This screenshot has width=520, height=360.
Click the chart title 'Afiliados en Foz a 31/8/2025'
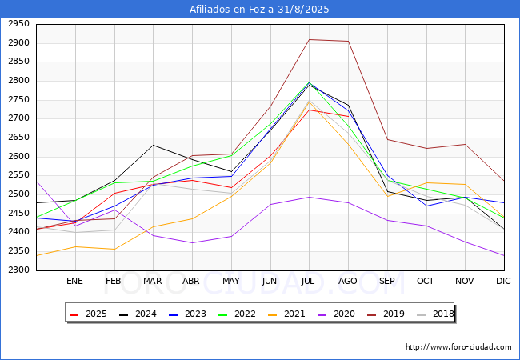pos(259,10)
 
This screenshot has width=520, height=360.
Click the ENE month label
pos(74,282)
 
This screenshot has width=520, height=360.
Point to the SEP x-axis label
pos(387,282)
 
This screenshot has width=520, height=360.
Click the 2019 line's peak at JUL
pos(309,39)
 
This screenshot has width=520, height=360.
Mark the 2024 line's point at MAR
pos(153,145)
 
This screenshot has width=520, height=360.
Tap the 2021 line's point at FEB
pos(114,249)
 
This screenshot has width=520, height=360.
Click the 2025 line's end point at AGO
pos(348,116)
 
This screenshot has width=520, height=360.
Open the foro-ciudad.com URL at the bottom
pos(458,347)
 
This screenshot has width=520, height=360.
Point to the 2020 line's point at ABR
pos(191,242)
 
